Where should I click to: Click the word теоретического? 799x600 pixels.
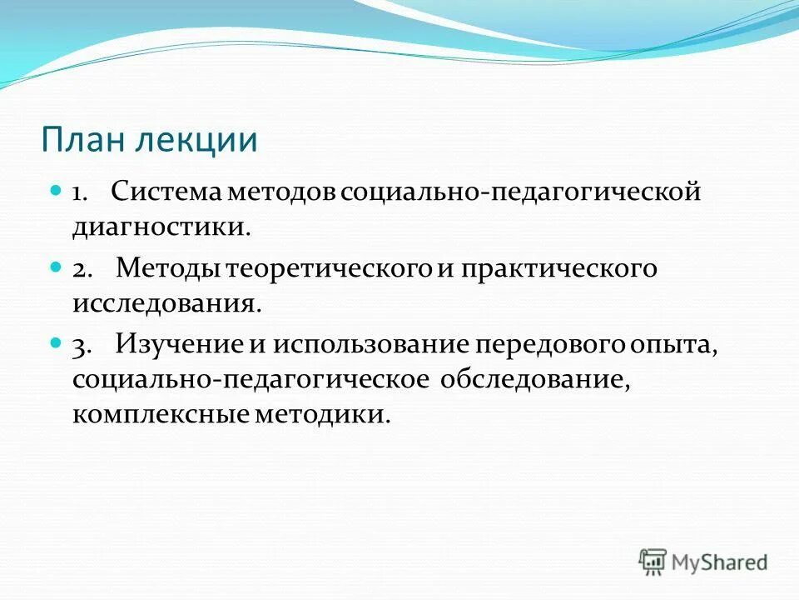(x=329, y=268)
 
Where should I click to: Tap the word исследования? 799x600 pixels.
(x=166, y=302)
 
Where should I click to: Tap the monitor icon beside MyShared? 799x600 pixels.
(x=653, y=562)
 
